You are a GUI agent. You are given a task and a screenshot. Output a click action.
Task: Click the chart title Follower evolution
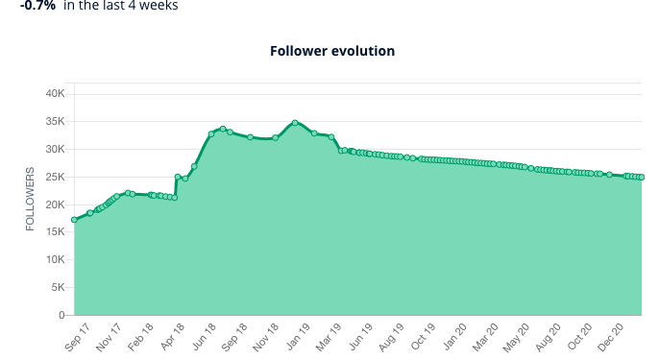coord(332,51)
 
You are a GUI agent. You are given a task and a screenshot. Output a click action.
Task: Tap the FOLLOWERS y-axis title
coord(30,200)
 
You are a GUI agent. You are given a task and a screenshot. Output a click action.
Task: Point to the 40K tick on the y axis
coord(55,94)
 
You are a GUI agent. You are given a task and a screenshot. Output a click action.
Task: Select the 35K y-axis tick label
coord(55,122)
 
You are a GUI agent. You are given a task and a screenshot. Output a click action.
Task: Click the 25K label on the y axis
coord(55,178)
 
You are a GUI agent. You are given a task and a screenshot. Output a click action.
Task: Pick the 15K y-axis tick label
coord(55,232)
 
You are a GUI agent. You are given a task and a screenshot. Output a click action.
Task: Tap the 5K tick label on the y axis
coord(58,288)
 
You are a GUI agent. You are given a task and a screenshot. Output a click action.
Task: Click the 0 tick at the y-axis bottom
coord(61,315)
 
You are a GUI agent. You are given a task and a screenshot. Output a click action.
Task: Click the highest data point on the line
coord(295,123)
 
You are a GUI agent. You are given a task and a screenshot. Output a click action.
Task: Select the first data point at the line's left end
coord(74,220)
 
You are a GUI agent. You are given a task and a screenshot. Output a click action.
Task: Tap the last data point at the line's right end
coord(641,177)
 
